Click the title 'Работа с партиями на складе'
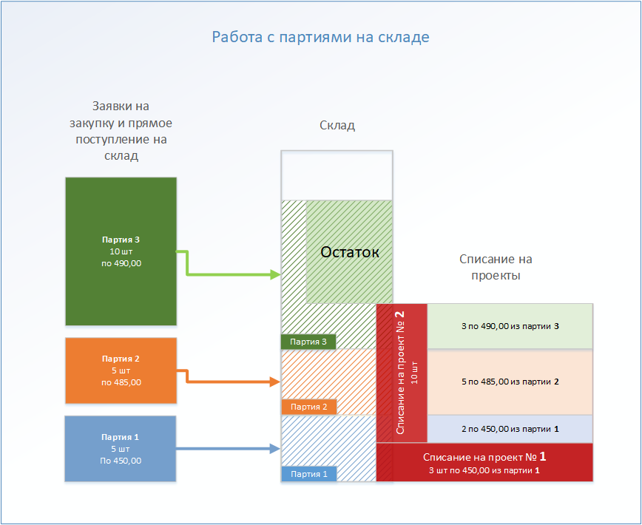(320, 37)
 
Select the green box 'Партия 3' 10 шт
(121, 251)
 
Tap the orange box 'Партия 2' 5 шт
(121, 370)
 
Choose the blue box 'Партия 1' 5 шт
(121, 449)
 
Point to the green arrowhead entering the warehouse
(276, 275)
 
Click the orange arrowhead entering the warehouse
(276, 382)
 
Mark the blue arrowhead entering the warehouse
(276, 448)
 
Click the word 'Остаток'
(349, 252)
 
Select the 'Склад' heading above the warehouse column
(337, 126)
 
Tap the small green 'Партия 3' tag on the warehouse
(308, 342)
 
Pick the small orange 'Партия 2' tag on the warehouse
(308, 407)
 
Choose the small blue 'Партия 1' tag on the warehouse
(308, 474)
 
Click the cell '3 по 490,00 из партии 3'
(510, 326)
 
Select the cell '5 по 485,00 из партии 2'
(510, 382)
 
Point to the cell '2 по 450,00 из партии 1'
(510, 428)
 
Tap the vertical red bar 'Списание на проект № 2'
(402, 373)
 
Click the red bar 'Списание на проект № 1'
(484, 462)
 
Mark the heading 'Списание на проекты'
(496, 268)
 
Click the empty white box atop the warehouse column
(337, 175)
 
